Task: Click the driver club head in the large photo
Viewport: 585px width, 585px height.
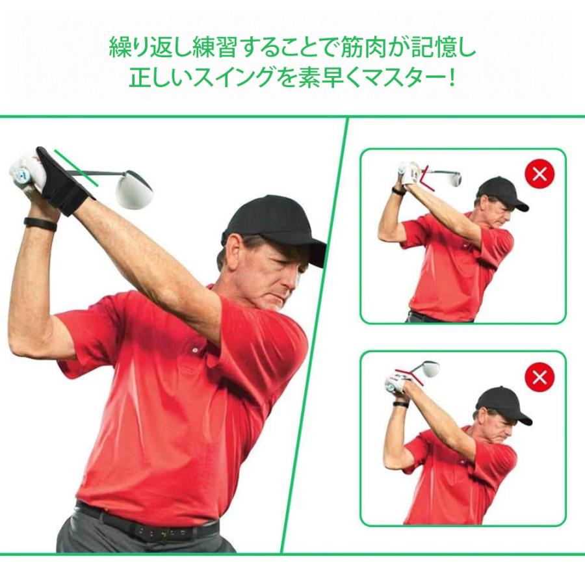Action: [134, 188]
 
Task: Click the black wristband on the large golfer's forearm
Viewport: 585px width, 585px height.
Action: [40, 223]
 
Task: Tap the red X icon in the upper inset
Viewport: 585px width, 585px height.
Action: [539, 174]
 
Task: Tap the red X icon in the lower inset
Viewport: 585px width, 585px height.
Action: [539, 376]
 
